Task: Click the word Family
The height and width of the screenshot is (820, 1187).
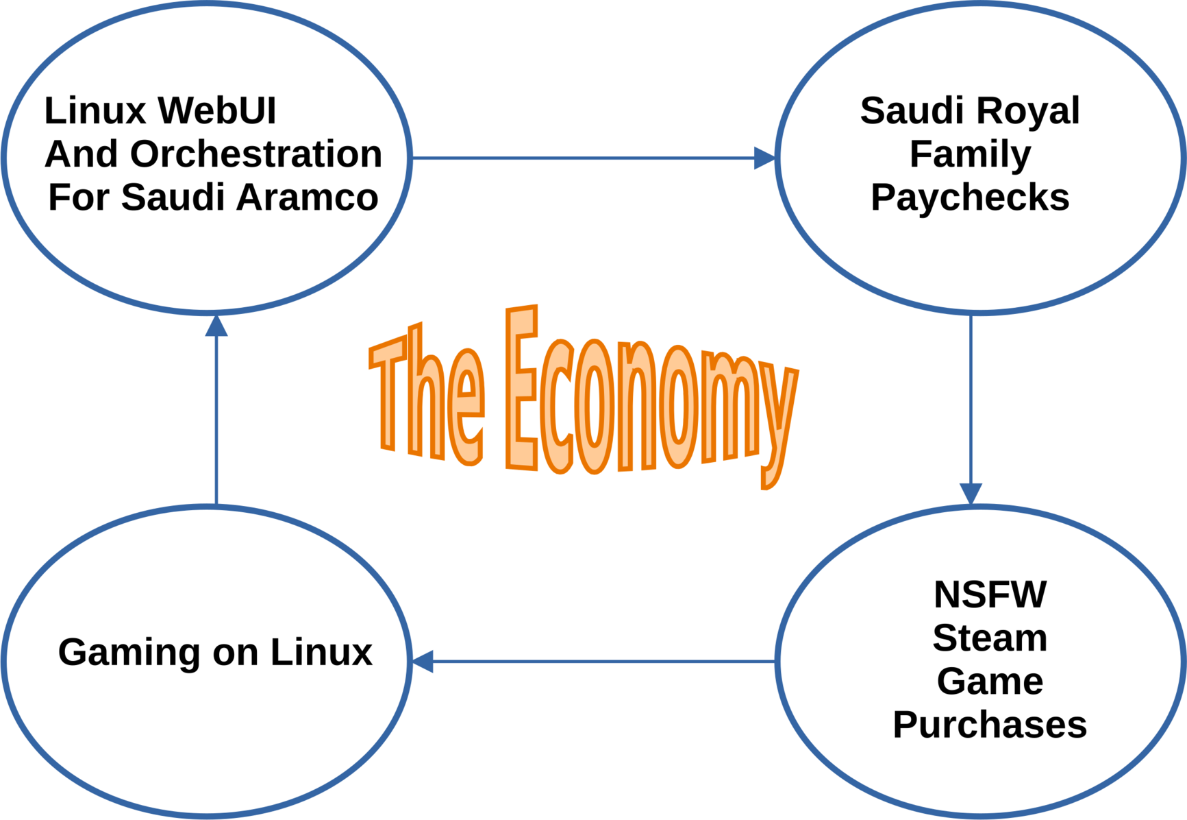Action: pos(970,154)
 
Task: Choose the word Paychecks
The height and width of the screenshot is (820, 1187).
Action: pos(970,197)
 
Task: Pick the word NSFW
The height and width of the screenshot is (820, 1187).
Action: pos(990,594)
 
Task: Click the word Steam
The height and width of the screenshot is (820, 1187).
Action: pos(990,638)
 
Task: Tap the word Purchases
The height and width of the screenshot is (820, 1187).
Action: pos(990,725)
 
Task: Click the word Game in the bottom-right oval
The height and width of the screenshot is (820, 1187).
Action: pos(990,682)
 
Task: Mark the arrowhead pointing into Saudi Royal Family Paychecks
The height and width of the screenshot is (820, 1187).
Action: pos(764,158)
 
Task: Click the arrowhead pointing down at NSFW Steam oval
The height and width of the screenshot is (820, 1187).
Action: pos(971,493)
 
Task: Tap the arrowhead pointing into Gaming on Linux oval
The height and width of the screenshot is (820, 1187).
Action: pos(423,662)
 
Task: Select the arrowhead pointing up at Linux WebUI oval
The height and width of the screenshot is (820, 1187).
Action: pos(216,326)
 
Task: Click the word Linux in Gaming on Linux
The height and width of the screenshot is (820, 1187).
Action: pos(321,652)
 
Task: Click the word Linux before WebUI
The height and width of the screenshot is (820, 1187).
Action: pos(95,110)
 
